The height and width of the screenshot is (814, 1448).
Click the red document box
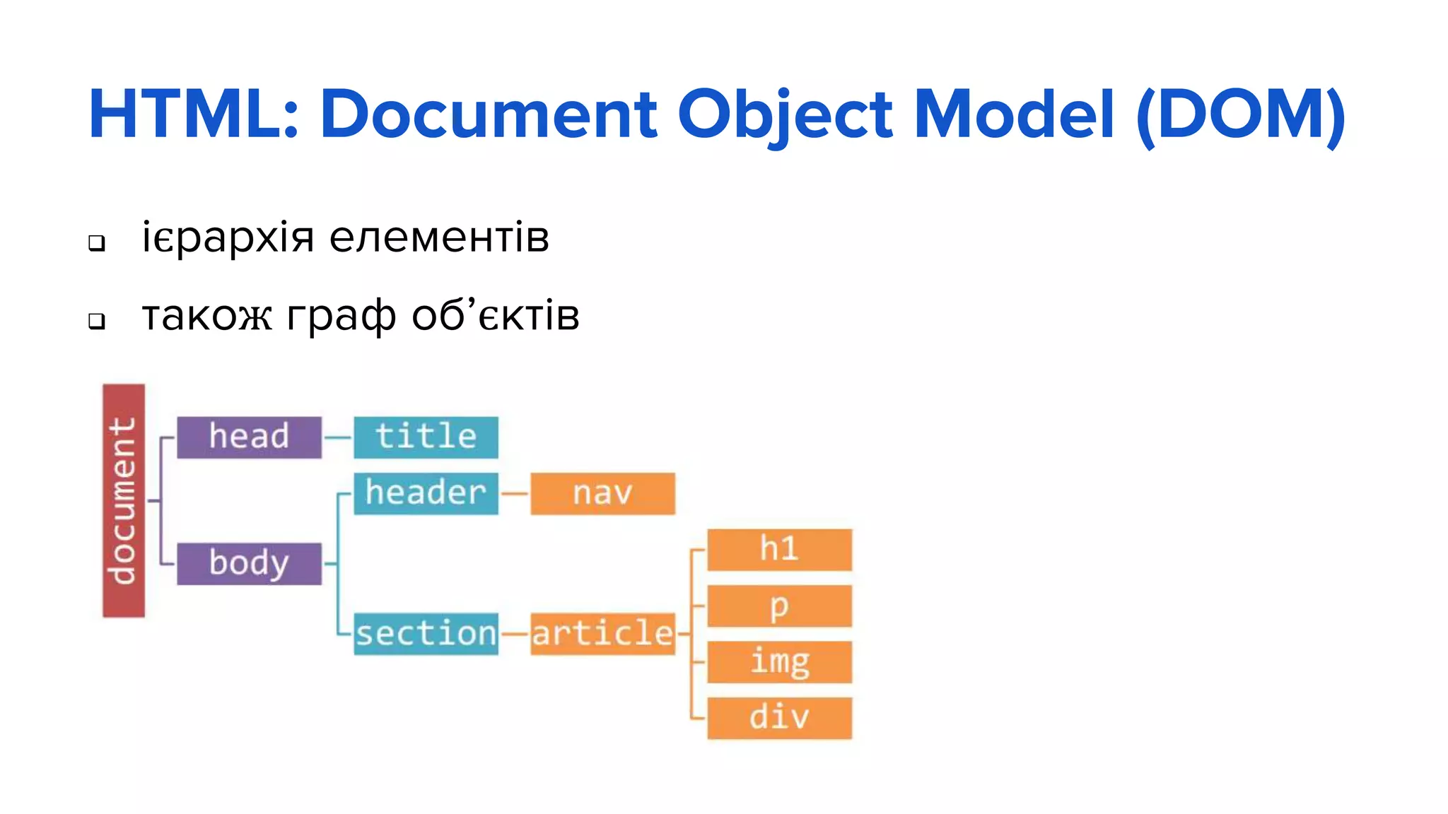124,500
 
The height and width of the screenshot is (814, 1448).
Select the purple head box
249,437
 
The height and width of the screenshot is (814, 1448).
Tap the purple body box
249,564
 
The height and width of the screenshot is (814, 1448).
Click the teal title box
426,437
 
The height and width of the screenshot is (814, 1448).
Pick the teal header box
426,493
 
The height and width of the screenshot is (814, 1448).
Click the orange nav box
602,493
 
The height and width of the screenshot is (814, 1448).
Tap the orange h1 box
779,549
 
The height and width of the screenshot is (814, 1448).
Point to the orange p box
779,606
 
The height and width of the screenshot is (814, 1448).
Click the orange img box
779,662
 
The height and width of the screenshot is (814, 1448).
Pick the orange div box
779,718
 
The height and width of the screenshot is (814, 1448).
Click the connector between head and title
338,437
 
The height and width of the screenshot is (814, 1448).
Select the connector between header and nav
515,493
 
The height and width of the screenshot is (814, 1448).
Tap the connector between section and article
515,634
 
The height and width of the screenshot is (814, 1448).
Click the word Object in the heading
785,114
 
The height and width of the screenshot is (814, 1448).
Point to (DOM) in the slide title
1241,114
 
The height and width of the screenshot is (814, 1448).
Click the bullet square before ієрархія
97,243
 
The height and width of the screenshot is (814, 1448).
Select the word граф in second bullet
341,316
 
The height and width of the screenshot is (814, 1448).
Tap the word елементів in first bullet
439,237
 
